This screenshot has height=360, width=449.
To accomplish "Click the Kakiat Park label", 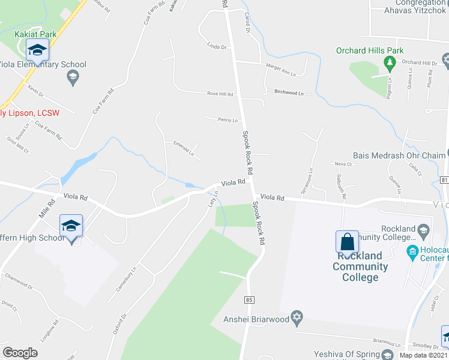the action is tap(36, 34).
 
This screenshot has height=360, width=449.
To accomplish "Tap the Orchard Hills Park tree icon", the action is tap(390, 62).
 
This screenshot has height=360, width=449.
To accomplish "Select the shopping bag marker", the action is tap(347, 242).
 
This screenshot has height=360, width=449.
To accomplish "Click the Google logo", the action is tap(20, 352).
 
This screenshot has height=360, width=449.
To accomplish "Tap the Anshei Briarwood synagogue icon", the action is tap(295, 318).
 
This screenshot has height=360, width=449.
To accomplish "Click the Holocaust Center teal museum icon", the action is tap(412, 250).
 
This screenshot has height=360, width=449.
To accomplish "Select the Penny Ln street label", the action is tap(228, 120).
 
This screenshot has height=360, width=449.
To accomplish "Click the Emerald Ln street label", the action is tap(184, 148).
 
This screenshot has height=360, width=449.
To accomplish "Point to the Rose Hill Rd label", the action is tap(220, 94).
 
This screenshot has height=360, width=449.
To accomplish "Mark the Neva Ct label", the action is tap(343, 163).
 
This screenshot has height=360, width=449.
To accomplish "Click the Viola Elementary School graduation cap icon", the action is tap(73, 76).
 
